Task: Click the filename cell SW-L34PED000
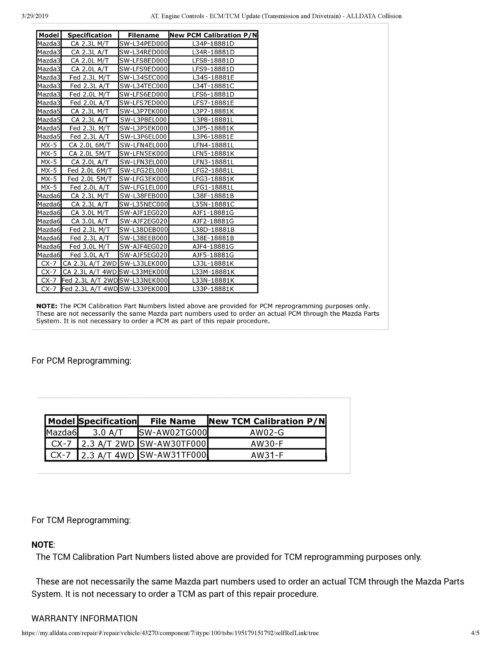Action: [x=144, y=44]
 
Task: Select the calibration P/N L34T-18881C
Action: [x=213, y=86]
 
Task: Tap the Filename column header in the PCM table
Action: [x=144, y=35]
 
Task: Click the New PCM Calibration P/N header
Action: [x=213, y=35]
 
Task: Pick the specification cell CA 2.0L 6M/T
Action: [x=90, y=145]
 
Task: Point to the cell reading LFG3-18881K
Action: [x=213, y=179]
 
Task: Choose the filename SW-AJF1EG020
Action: [x=144, y=213]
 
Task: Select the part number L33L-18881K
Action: [x=213, y=263]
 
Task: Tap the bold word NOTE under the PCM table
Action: [x=47, y=306]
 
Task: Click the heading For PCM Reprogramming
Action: [x=81, y=361]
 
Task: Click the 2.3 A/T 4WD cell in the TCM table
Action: [x=108, y=455]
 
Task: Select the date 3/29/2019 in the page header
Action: [x=35, y=16]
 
